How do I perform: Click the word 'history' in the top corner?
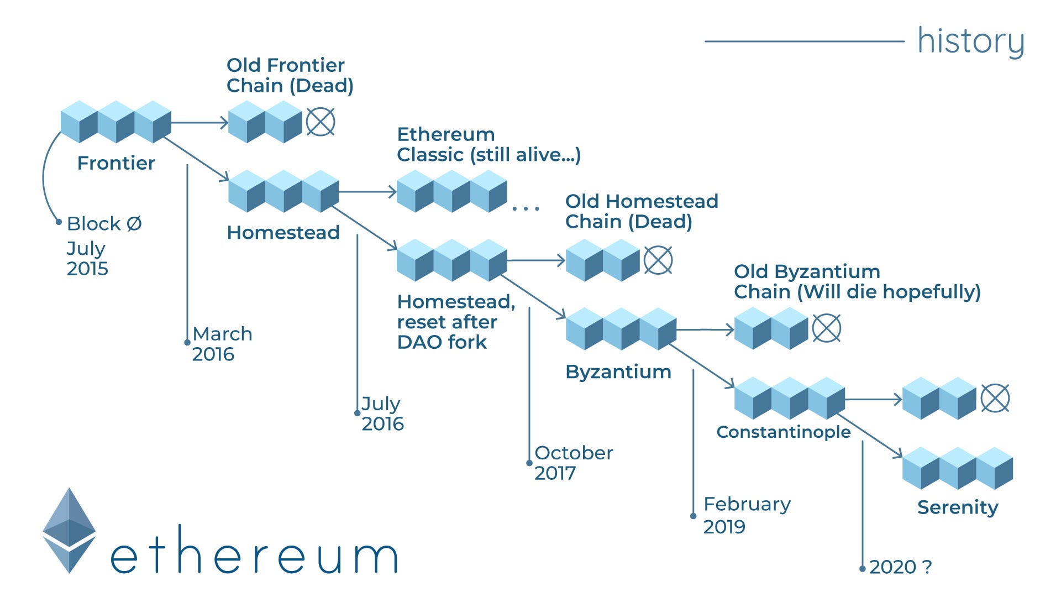click(971, 41)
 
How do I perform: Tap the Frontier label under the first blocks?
click(116, 163)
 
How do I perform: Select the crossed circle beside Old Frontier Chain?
click(321, 122)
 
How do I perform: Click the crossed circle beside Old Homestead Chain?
click(658, 260)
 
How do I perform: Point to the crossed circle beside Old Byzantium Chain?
click(827, 328)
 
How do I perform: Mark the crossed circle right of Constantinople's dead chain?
click(995, 398)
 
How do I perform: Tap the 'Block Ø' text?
click(104, 224)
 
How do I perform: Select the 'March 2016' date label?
click(222, 344)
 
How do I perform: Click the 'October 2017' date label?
click(573, 463)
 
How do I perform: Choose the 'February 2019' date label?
click(746, 515)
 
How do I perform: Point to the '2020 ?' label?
click(900, 567)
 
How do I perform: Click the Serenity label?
click(958, 507)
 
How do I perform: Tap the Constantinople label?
click(783, 432)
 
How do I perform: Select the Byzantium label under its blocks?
click(618, 371)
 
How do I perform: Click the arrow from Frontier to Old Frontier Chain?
click(199, 122)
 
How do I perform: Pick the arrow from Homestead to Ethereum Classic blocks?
click(367, 192)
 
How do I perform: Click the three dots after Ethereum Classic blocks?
click(525, 208)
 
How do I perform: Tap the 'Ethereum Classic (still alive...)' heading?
click(489, 144)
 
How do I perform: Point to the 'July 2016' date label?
click(382, 413)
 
